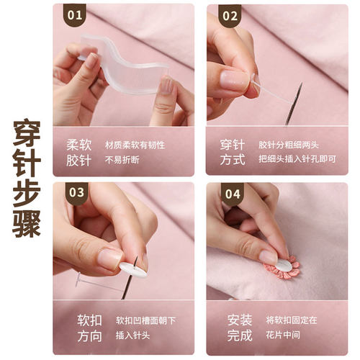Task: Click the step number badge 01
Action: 75,15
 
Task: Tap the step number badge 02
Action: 230,16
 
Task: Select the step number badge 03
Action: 76,193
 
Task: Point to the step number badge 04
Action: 233,194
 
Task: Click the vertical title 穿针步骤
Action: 27,179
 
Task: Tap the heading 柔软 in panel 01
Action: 79,145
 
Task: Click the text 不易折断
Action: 122,160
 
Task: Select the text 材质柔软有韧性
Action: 135,145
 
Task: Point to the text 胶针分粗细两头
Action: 289,145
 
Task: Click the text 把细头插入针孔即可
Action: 297,159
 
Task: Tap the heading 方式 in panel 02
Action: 233,160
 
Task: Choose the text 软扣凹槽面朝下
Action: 145,320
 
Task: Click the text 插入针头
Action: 132,336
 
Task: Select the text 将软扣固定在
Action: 292,320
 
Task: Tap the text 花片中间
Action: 283,335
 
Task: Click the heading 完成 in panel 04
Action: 240,336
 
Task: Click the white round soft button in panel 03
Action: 132,270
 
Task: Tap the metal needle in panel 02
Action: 294,104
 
